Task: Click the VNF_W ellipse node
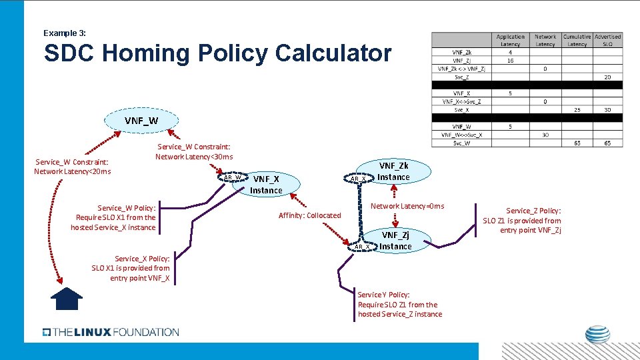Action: pos(141,121)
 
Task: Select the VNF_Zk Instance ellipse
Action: pos(394,171)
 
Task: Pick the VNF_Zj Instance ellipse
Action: pos(396,241)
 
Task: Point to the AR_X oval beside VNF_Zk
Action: pos(358,178)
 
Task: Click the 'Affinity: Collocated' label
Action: pos(309,215)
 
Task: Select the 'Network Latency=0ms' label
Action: pos(407,206)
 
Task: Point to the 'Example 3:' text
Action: pos(65,33)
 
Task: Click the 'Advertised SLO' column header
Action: pos(607,40)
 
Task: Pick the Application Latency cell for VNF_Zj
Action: pos(510,60)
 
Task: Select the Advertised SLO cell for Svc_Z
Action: pos(607,77)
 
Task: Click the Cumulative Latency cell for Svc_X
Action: pos(577,110)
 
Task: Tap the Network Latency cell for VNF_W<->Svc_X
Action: pos(545,135)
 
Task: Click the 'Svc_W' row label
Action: pos(461,143)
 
